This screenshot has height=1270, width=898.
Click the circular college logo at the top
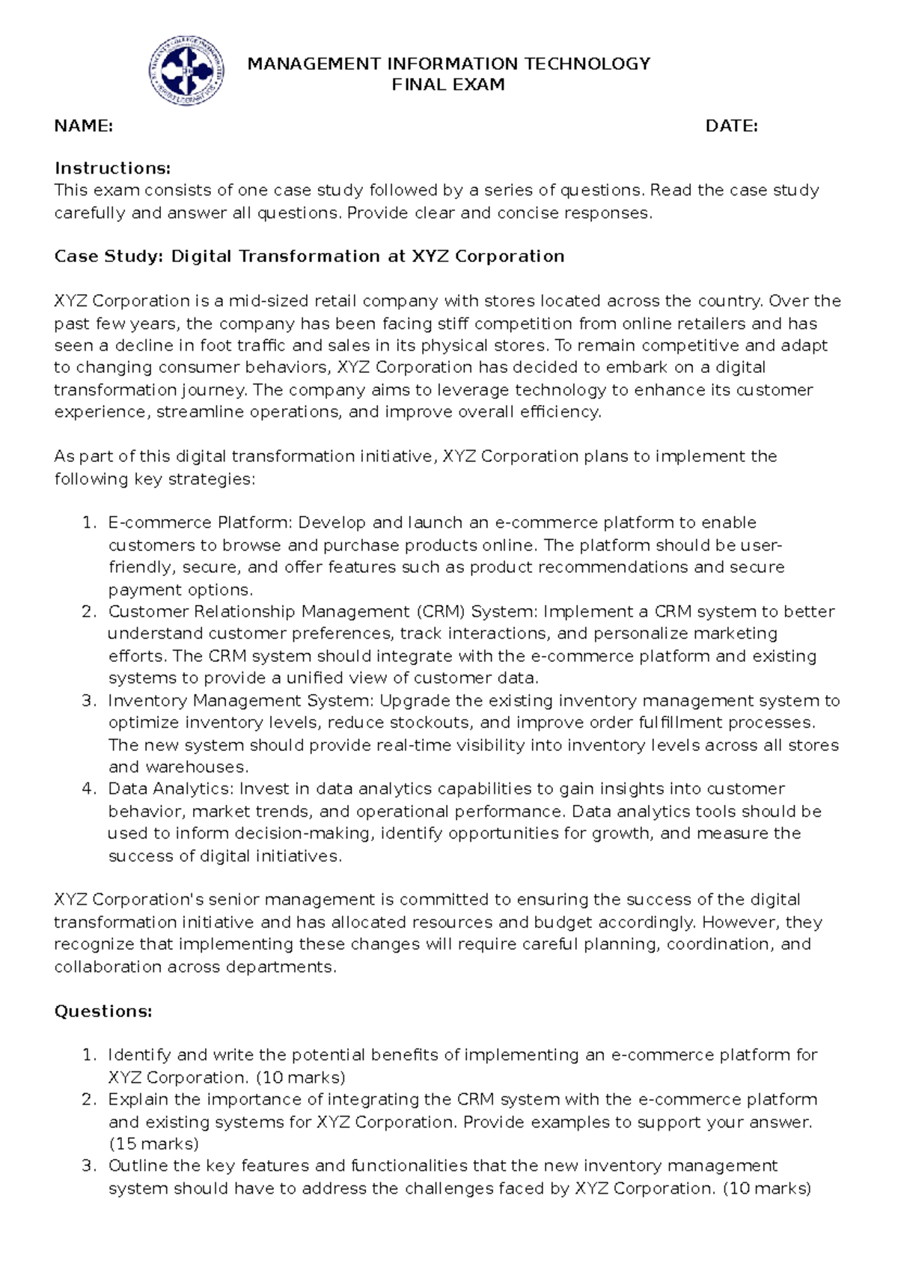click(x=186, y=71)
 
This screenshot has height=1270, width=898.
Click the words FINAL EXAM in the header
click(x=448, y=85)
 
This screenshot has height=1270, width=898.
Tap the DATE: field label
click(x=731, y=126)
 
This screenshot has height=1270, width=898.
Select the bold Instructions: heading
click(x=112, y=168)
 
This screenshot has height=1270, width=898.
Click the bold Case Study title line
click(x=309, y=257)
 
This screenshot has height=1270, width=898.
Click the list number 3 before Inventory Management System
click(x=89, y=701)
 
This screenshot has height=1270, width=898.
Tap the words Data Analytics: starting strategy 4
click(x=171, y=789)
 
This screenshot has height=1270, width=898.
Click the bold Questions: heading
click(x=103, y=1012)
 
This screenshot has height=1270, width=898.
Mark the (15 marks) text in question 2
click(x=153, y=1144)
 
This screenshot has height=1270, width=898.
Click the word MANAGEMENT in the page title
click(x=314, y=64)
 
